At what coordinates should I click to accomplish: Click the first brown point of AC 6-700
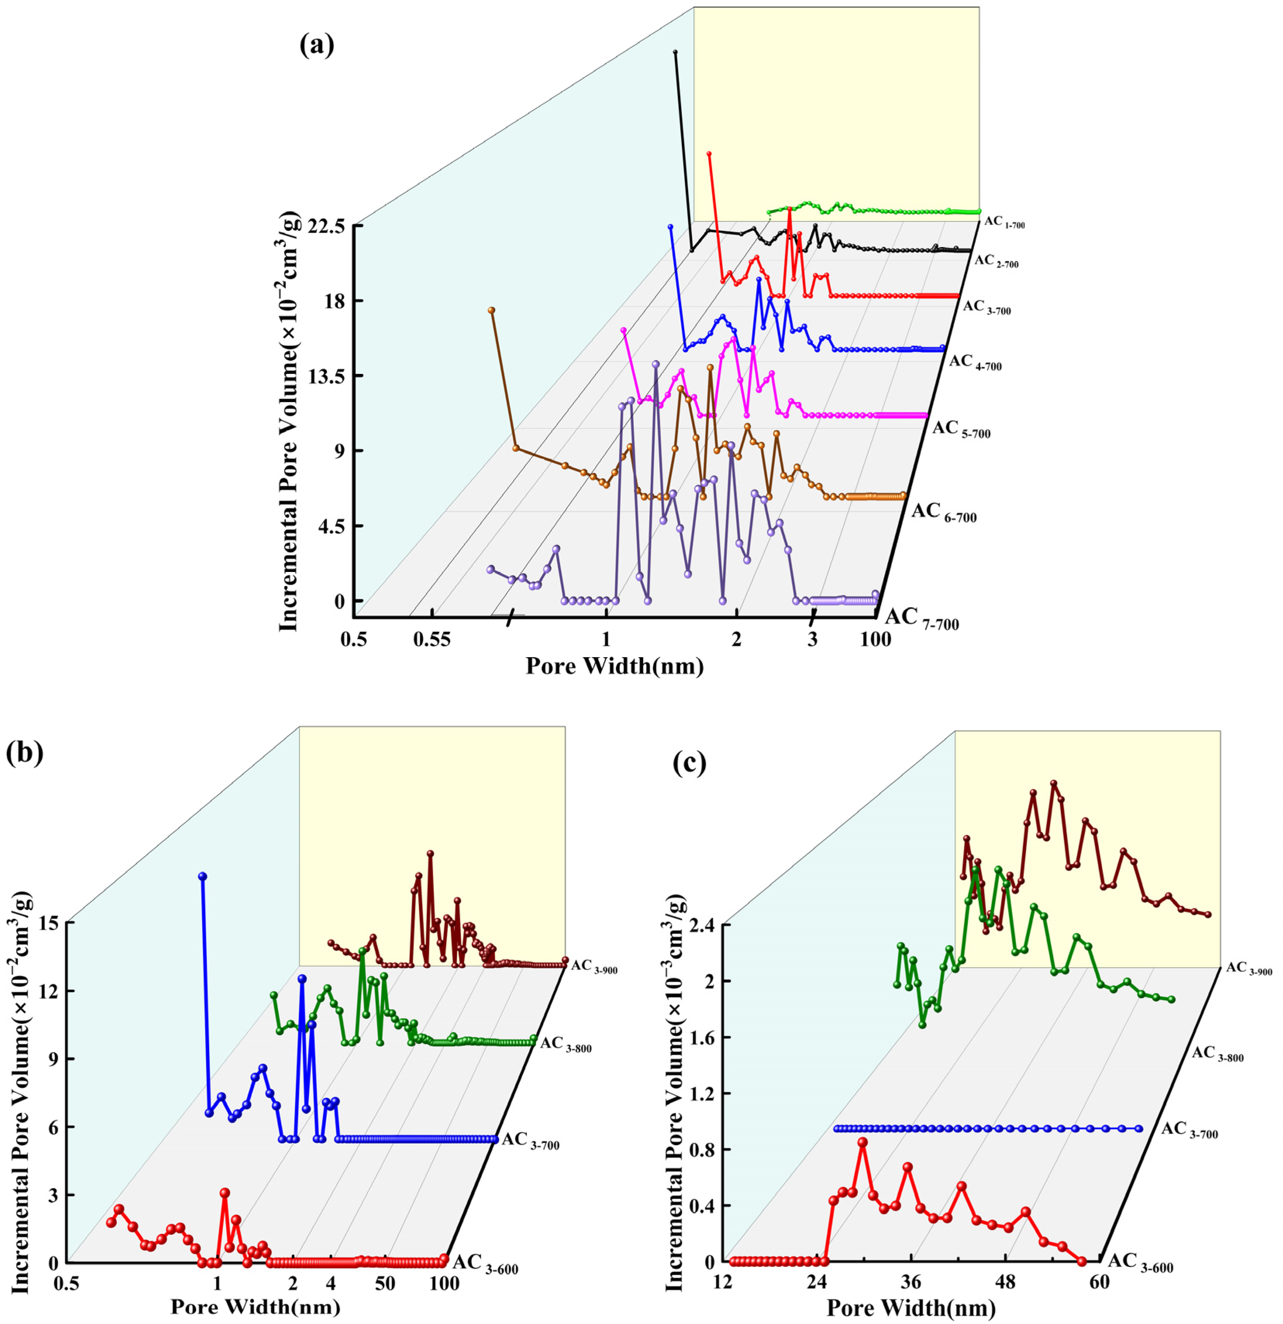coord(492,310)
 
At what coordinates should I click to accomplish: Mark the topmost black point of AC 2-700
coord(675,52)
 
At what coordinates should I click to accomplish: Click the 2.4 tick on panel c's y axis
coord(704,924)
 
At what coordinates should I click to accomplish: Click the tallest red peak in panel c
coord(862,1142)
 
